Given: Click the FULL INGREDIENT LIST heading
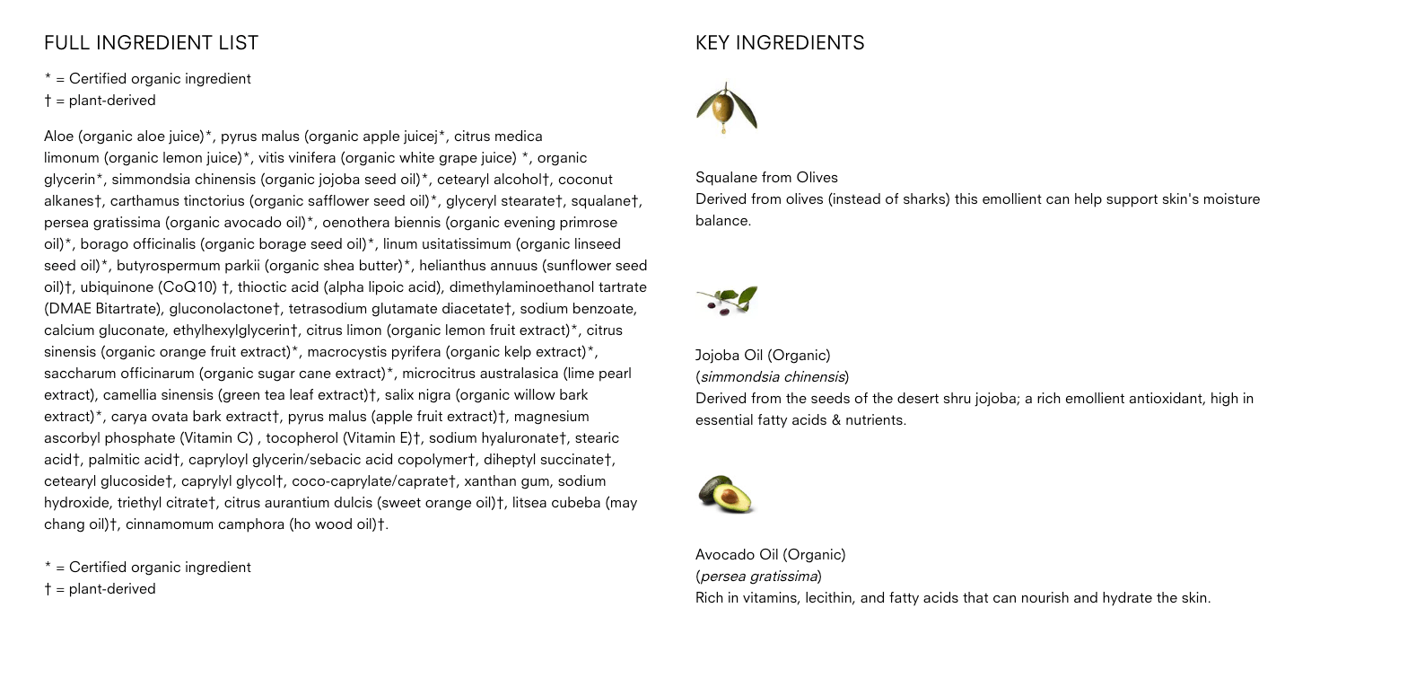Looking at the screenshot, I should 151,43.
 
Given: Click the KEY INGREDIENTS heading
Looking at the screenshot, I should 780,43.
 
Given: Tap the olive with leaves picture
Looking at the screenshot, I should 726,109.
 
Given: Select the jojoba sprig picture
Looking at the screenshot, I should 726,300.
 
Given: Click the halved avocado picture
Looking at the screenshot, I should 726,495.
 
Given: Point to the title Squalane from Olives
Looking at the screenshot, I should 766,178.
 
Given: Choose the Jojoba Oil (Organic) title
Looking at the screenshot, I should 763,356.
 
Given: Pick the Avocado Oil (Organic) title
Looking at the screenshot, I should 770,555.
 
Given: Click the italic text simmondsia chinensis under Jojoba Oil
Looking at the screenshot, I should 772,377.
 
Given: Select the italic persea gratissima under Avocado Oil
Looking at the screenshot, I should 758,577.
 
